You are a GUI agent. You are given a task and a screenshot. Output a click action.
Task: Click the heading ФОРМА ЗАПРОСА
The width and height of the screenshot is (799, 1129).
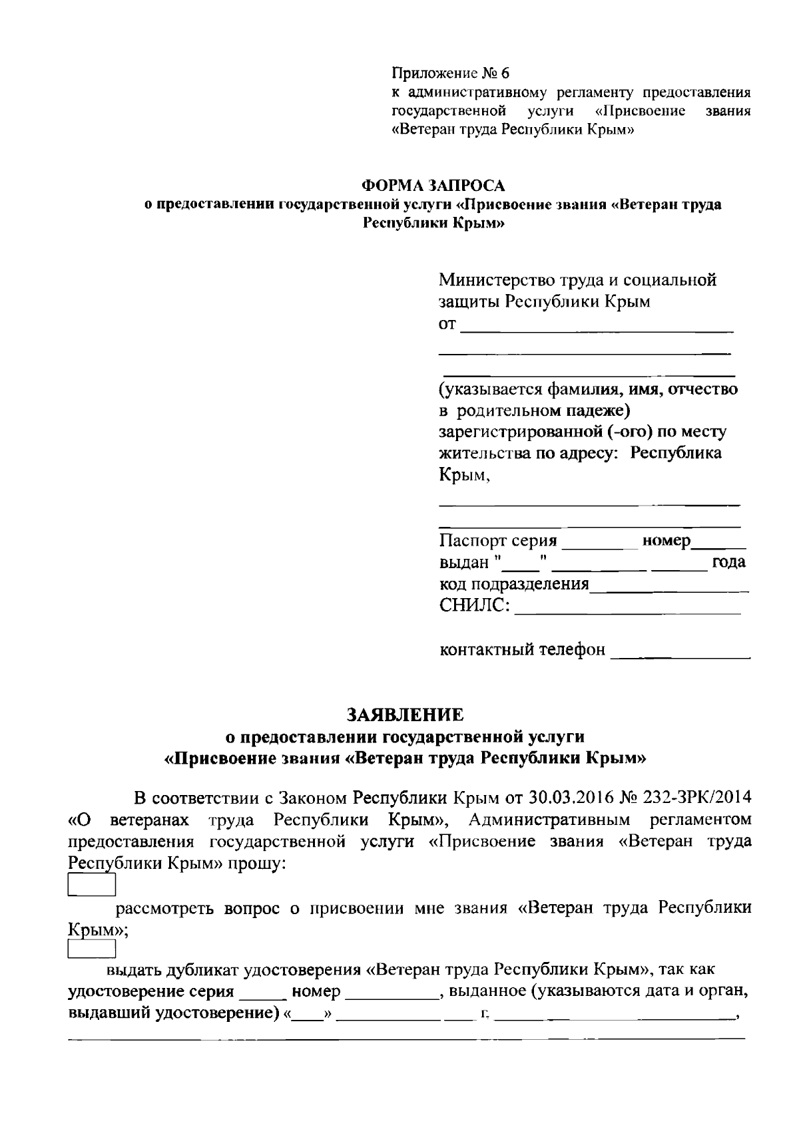(433, 184)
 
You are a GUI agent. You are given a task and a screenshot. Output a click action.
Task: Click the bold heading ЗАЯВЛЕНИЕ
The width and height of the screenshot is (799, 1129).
(404, 715)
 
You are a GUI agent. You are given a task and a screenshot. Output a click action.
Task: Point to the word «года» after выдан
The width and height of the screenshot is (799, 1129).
(728, 562)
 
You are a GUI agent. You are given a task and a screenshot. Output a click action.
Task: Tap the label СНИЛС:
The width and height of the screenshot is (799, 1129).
(475, 605)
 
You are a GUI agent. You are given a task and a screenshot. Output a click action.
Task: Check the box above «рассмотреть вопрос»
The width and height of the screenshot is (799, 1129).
(93, 886)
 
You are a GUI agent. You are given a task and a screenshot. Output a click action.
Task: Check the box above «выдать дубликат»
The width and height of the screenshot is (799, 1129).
(93, 949)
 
